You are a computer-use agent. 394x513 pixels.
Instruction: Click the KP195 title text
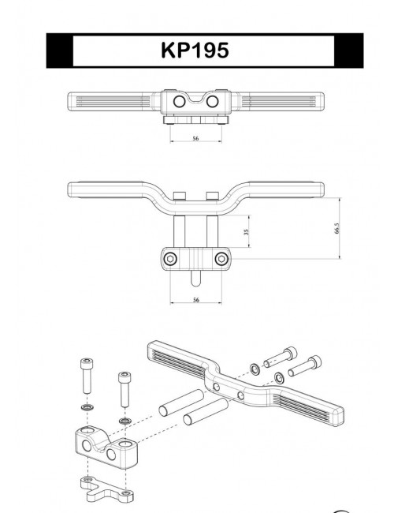pyautogui.click(x=195, y=51)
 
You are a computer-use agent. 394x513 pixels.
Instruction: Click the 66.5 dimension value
pyautogui.click(x=337, y=228)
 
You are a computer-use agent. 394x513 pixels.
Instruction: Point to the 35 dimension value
pyautogui.click(x=247, y=232)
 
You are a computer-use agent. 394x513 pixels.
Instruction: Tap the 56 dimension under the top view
pyautogui.click(x=195, y=138)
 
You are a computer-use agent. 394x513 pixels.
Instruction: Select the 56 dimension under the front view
pyautogui.click(x=195, y=300)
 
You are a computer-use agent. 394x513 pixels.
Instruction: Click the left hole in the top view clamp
pyautogui.click(x=180, y=103)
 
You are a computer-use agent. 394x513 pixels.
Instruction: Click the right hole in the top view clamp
pyautogui.click(x=211, y=103)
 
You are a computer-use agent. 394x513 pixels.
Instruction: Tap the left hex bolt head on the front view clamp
pyautogui.click(x=169, y=259)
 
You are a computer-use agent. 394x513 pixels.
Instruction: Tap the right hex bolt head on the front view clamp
pyautogui.click(x=221, y=259)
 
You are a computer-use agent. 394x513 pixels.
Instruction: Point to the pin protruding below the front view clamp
pyautogui.click(x=195, y=279)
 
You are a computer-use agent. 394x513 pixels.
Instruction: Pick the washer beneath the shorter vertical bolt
pyautogui.click(x=124, y=422)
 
